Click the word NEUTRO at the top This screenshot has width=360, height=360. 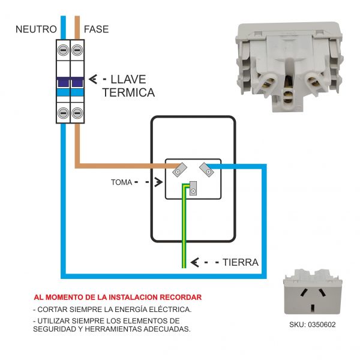[36, 29]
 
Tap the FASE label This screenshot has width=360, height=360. [97, 29]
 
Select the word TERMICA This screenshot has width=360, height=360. [128, 93]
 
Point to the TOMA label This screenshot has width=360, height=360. [122, 181]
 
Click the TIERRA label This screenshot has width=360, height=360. [240, 262]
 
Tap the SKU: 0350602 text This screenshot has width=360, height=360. [313, 325]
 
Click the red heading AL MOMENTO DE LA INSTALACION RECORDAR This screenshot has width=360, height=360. [118, 297]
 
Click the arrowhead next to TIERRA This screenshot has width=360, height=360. [194, 262]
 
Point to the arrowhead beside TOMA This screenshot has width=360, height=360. [158, 181]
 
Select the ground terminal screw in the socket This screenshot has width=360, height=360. [193, 191]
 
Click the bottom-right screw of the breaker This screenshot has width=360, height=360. [77, 112]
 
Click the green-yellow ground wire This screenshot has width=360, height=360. [184, 234]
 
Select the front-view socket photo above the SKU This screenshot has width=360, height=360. [313, 295]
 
